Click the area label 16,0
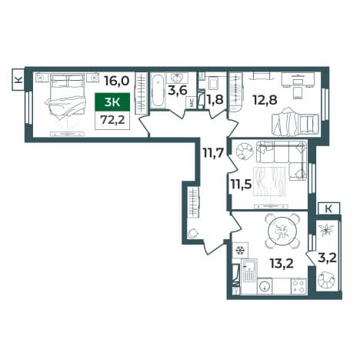(x=117, y=81)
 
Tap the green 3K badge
(x=112, y=102)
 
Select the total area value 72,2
(x=112, y=120)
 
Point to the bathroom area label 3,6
(x=178, y=91)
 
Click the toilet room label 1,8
(x=215, y=100)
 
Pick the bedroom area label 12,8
(x=265, y=100)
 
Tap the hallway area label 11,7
(x=213, y=154)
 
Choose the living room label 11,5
(x=241, y=184)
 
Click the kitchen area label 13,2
(x=282, y=263)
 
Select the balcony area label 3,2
(x=327, y=258)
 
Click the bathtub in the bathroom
(x=158, y=91)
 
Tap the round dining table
(x=282, y=232)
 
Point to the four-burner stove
(x=299, y=286)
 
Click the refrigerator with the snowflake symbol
(x=240, y=250)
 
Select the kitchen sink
(x=249, y=270)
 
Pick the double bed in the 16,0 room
(x=66, y=97)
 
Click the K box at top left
(x=18, y=79)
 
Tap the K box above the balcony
(x=328, y=208)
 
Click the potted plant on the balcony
(x=326, y=229)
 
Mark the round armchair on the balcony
(x=326, y=280)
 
